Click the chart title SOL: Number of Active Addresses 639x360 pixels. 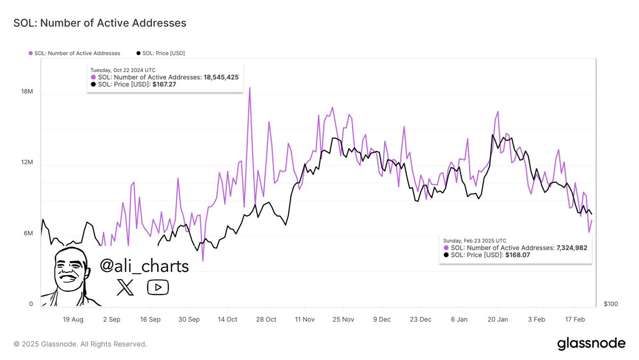pos(100,23)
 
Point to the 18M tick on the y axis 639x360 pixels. pos(27,92)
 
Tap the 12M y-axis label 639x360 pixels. pos(27,163)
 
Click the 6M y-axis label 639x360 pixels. pos(28,234)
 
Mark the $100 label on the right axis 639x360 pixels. pos(611,304)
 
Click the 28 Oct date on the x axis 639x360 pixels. pos(266,319)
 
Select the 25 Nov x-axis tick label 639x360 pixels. pos(343,319)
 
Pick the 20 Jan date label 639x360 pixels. pos(497,319)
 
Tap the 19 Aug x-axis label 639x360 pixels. pos(73,319)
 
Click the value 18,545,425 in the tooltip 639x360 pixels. pos(221,77)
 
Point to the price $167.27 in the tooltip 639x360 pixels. pos(164,84)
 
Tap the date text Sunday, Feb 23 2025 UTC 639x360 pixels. pos(474,241)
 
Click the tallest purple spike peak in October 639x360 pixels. pos(249,88)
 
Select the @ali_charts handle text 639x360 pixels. pos(144,266)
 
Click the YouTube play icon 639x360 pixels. pos(158,287)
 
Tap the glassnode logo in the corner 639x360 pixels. pos(591,343)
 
